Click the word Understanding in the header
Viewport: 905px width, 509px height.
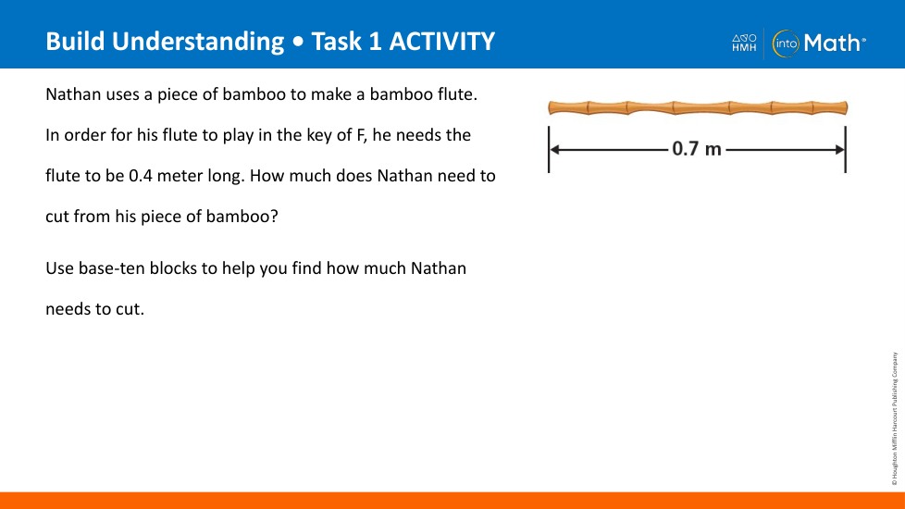(198, 43)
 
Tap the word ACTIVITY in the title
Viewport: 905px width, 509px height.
(442, 42)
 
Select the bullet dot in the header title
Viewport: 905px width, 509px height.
(298, 43)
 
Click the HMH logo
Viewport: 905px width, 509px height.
(744, 43)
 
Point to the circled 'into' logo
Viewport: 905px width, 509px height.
(786, 43)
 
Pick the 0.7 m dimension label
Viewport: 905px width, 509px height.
(697, 149)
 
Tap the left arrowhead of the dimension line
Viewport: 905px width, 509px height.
(554, 150)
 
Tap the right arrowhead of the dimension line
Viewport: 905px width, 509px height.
(840, 150)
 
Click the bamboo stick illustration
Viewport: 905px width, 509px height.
(698, 108)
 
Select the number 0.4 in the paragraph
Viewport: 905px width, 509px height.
(141, 176)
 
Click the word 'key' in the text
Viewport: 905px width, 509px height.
(316, 136)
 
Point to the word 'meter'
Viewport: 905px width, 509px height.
(180, 176)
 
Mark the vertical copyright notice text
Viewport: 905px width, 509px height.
(895, 418)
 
